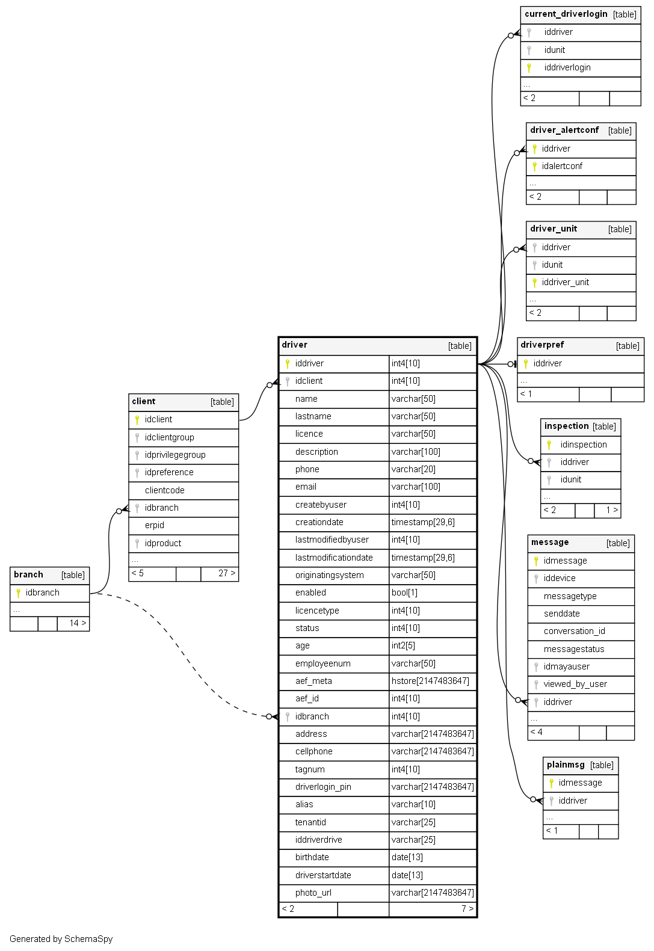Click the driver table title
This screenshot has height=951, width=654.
point(295,345)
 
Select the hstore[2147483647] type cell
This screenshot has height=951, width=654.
point(430,681)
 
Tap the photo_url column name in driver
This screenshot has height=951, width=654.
point(313,893)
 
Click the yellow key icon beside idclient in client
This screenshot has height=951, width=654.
point(137,420)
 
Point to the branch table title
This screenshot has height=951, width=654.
point(28,575)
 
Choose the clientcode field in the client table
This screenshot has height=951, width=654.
point(164,490)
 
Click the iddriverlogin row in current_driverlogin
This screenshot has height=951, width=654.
point(567,67)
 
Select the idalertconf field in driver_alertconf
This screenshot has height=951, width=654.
point(562,166)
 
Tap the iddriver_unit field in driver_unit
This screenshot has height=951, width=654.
point(565,282)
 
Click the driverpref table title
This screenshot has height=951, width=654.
point(542,345)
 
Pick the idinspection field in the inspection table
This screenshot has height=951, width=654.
point(583,445)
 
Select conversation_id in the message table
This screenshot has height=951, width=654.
point(574,631)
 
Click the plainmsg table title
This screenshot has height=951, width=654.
point(566,765)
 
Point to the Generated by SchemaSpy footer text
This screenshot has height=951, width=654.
point(61,939)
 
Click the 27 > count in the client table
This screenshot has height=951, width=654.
point(226,573)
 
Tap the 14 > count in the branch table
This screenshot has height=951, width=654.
point(78,623)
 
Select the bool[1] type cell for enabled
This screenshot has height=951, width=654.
point(404,592)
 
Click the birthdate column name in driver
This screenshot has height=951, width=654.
point(312,857)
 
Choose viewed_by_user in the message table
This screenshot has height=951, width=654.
point(575,684)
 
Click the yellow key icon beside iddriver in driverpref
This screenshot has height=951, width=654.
point(526,364)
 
